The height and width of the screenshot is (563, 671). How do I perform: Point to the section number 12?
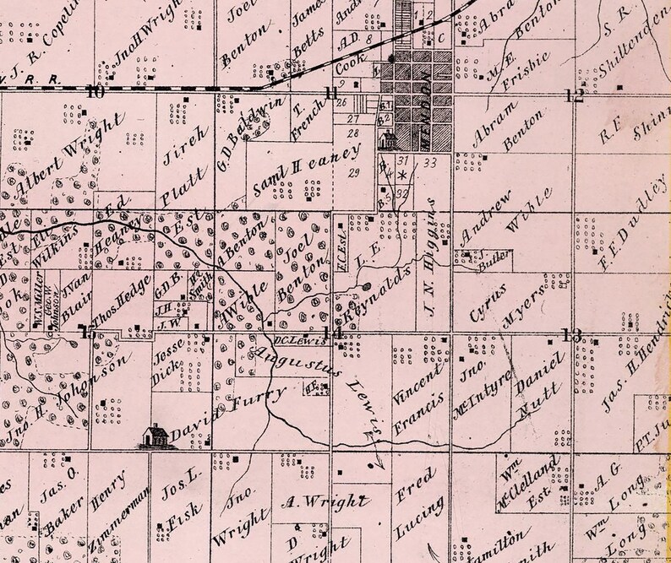pyautogui.click(x=575, y=95)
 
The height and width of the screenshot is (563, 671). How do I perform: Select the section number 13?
pyautogui.click(x=574, y=334)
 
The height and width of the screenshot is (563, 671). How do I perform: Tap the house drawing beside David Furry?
pyautogui.click(x=154, y=435)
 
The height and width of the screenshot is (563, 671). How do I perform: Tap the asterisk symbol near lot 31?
pyautogui.click(x=402, y=175)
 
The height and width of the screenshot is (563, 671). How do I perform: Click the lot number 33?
pyautogui.click(x=430, y=162)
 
